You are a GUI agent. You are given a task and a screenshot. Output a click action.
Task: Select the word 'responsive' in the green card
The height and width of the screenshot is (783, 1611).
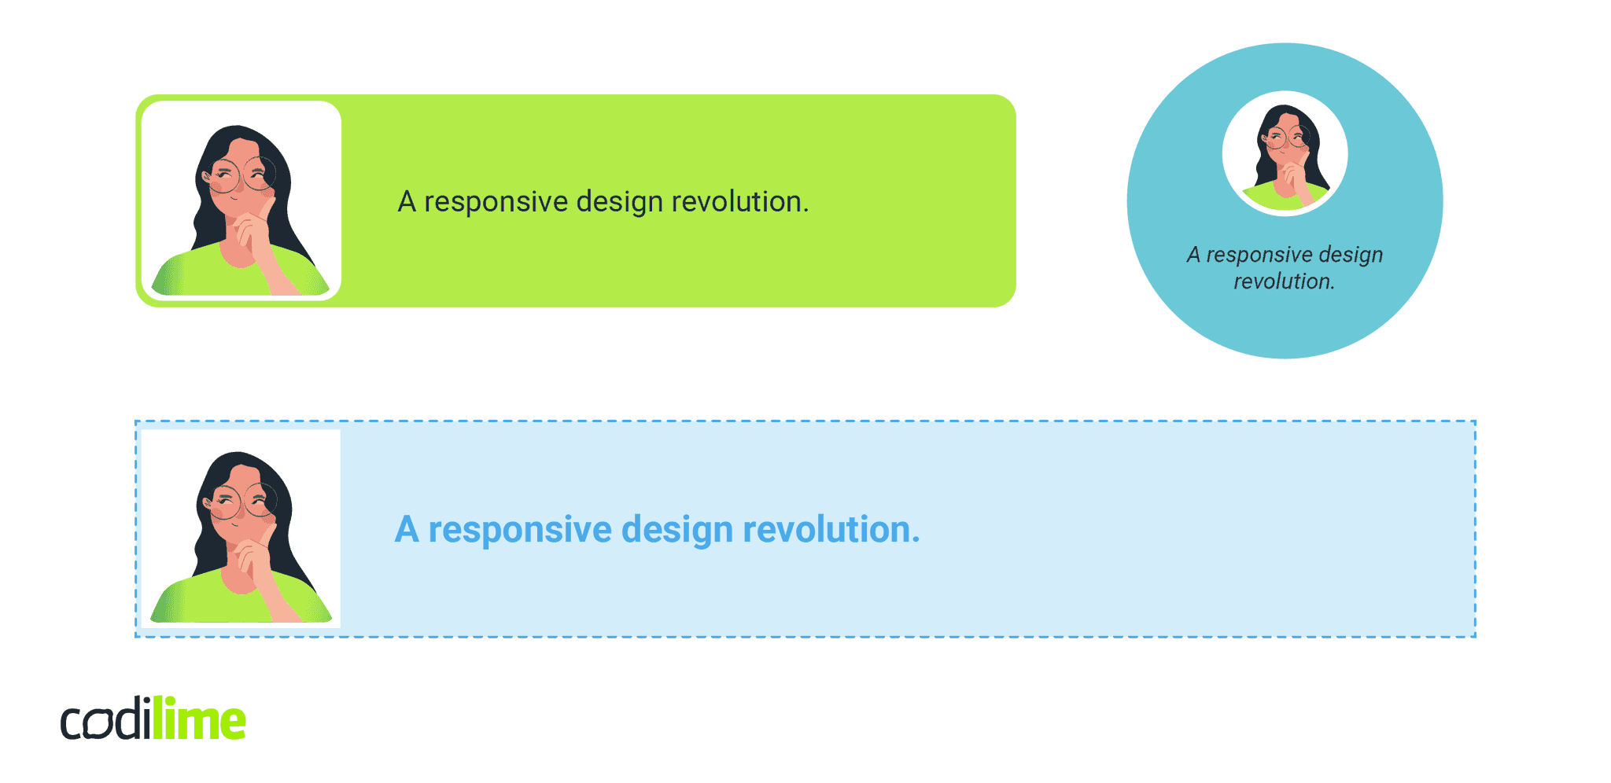[x=496, y=203]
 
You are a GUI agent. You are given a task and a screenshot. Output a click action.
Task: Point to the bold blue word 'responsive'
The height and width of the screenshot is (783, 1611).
[x=519, y=531]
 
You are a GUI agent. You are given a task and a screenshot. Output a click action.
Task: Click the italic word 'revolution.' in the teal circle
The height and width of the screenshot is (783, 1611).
[x=1284, y=281]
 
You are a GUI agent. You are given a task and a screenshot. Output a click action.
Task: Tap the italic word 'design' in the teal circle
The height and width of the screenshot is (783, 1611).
[x=1351, y=255]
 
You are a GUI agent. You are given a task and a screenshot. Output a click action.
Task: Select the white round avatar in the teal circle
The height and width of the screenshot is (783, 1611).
[x=1285, y=153]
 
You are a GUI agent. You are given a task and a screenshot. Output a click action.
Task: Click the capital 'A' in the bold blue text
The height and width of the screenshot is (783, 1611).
[x=407, y=530]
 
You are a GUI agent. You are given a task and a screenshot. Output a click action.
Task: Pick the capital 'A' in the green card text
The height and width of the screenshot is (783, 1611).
[x=407, y=202]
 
